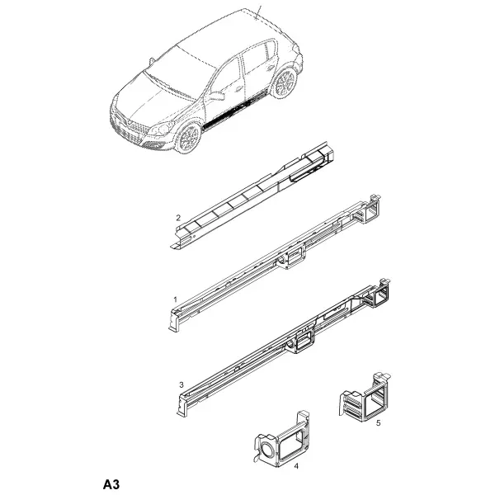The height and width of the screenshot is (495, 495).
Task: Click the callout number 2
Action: [x=178, y=218]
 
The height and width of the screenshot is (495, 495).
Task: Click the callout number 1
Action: [x=176, y=299]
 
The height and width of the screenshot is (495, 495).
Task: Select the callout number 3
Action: [x=181, y=384]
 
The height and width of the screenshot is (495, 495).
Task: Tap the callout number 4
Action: [x=296, y=466]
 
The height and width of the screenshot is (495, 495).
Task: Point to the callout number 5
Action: [x=379, y=422]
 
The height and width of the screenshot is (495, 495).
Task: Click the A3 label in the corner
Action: [x=111, y=484]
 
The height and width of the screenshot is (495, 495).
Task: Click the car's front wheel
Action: [x=188, y=138]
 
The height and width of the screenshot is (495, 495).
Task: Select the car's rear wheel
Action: [x=285, y=83]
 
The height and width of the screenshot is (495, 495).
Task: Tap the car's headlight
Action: [x=162, y=129]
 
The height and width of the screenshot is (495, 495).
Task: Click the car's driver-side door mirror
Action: [x=217, y=97]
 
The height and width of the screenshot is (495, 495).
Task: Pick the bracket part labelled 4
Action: [x=282, y=438]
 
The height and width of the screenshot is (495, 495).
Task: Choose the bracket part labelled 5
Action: [x=365, y=398]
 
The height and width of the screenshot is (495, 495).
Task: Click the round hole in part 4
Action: [x=267, y=449]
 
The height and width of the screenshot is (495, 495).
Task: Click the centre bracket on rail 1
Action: [x=292, y=257]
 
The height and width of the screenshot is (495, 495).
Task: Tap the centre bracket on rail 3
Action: [x=302, y=342]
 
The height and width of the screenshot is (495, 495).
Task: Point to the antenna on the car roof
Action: [x=258, y=12]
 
